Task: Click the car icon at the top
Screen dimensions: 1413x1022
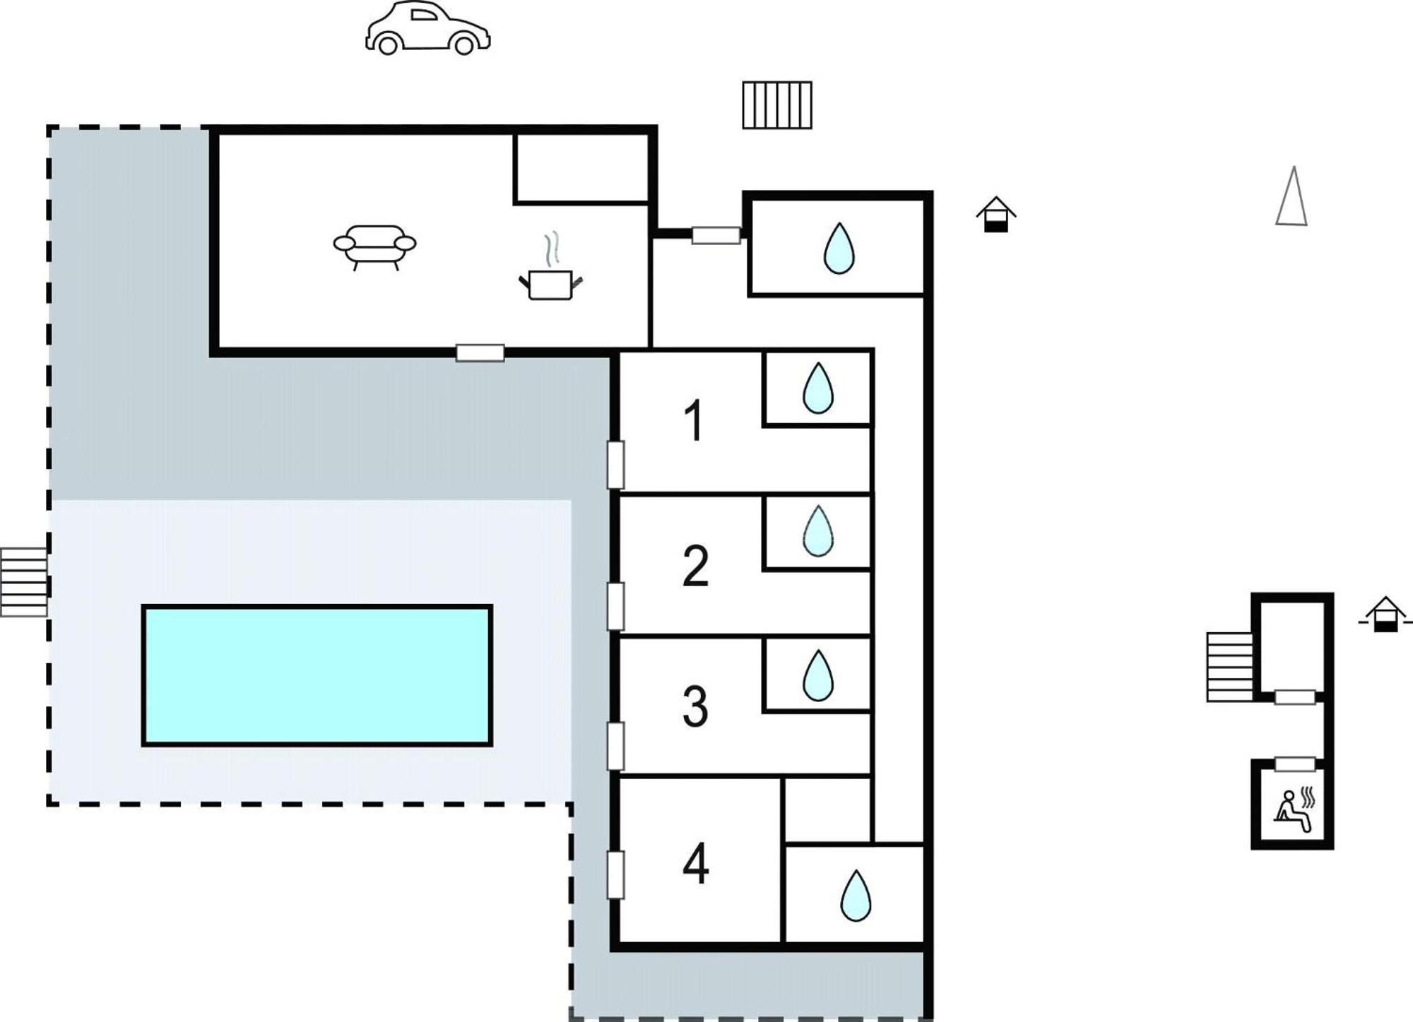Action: pyautogui.click(x=427, y=28)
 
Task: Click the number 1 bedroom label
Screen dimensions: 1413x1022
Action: pyautogui.click(x=694, y=421)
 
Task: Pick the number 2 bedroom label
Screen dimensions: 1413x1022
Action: pyautogui.click(x=695, y=566)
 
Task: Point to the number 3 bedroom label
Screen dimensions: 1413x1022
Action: pyautogui.click(x=695, y=706)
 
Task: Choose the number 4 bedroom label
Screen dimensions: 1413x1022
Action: pyautogui.click(x=696, y=864)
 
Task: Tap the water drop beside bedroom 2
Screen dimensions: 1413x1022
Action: pyautogui.click(x=818, y=531)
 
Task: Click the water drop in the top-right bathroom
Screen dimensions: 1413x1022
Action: pyautogui.click(x=839, y=249)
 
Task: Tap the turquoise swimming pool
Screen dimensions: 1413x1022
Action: pyautogui.click(x=317, y=675)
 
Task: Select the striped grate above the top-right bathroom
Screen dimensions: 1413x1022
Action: pyautogui.click(x=777, y=105)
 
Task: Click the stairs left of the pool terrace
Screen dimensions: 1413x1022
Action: pyautogui.click(x=23, y=582)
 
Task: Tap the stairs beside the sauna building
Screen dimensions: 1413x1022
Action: pyautogui.click(x=1229, y=667)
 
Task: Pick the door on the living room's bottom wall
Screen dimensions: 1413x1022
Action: pyautogui.click(x=480, y=352)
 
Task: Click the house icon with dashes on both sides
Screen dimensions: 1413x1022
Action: pyautogui.click(x=1385, y=614)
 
